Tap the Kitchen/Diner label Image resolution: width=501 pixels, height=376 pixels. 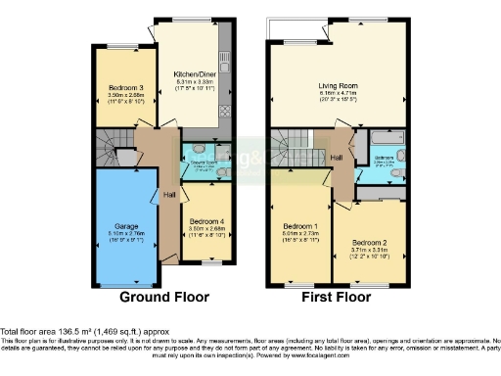(x=195, y=74)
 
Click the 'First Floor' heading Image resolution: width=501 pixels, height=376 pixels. (x=336, y=296)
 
